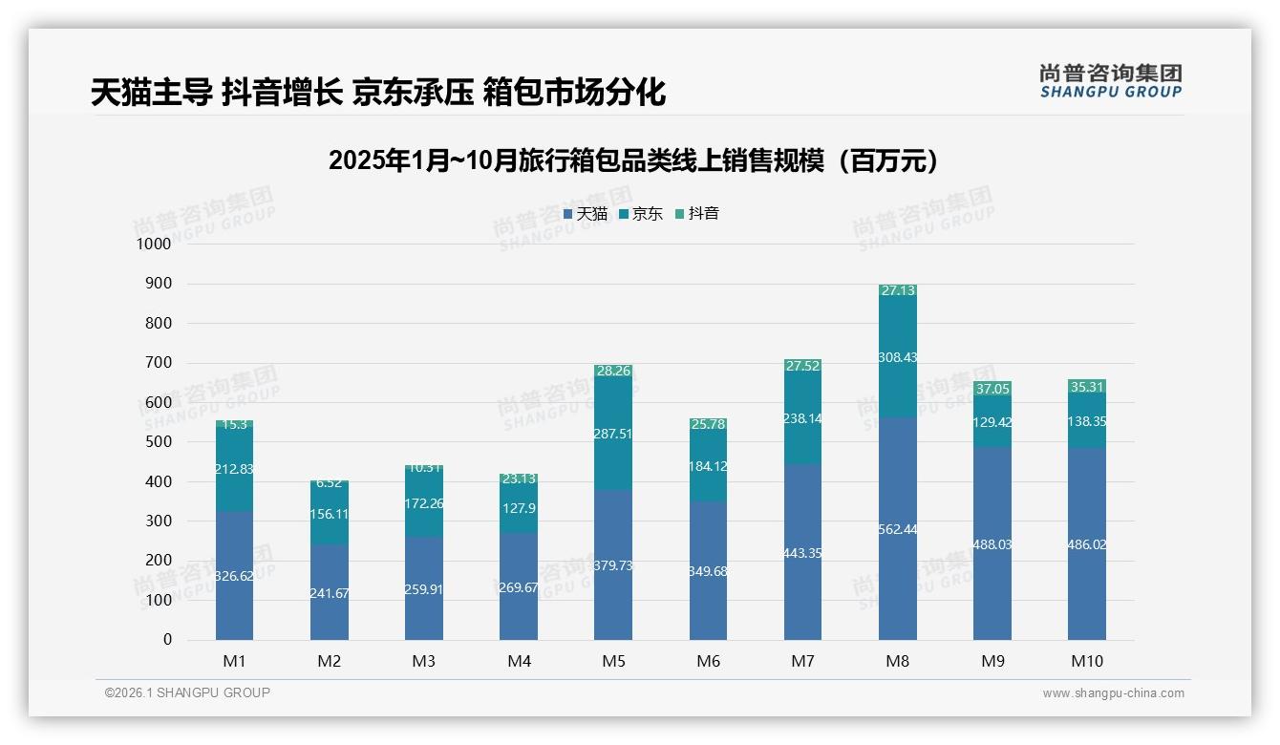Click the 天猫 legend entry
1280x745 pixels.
pyautogui.click(x=586, y=214)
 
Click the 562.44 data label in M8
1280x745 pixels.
pyautogui.click(x=897, y=529)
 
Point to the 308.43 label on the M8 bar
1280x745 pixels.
pyautogui.click(x=897, y=356)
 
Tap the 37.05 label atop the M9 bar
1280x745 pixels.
pyautogui.click(x=992, y=389)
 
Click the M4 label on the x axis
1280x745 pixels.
pyautogui.click(x=519, y=661)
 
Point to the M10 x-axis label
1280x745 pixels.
pyautogui.click(x=1087, y=661)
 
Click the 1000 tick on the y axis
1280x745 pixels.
pyautogui.click(x=153, y=244)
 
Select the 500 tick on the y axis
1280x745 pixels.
pyautogui.click(x=158, y=442)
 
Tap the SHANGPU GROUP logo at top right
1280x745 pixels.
pyautogui.click(x=1110, y=81)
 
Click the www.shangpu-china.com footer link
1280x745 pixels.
pyautogui.click(x=1113, y=693)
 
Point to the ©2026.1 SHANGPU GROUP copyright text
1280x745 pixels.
pyautogui.click(x=187, y=692)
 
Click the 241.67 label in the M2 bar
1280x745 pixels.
pyautogui.click(x=329, y=593)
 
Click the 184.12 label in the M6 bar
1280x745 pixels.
pyautogui.click(x=708, y=466)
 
